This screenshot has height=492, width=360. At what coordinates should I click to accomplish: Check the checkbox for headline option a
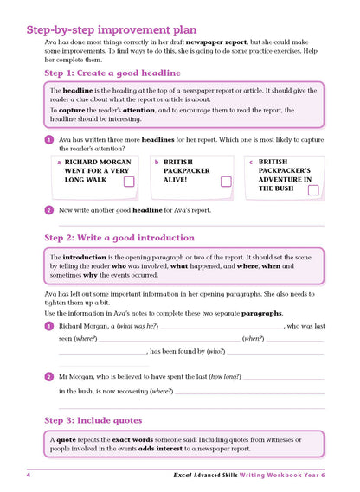click(128, 182)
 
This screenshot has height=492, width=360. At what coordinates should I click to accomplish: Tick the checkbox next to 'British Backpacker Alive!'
click(226, 182)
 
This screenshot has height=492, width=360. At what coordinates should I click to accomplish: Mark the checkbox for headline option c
click(312, 190)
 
